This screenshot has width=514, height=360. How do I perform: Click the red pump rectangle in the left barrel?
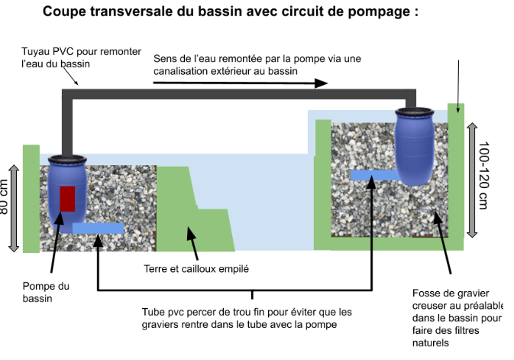tap(67, 199)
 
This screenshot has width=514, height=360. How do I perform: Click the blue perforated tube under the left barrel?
tap(98, 228)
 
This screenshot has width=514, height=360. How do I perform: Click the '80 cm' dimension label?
tap(5, 197)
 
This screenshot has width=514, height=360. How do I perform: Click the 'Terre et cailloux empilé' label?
tap(196, 269)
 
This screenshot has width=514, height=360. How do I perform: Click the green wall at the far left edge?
tap(31, 198)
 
